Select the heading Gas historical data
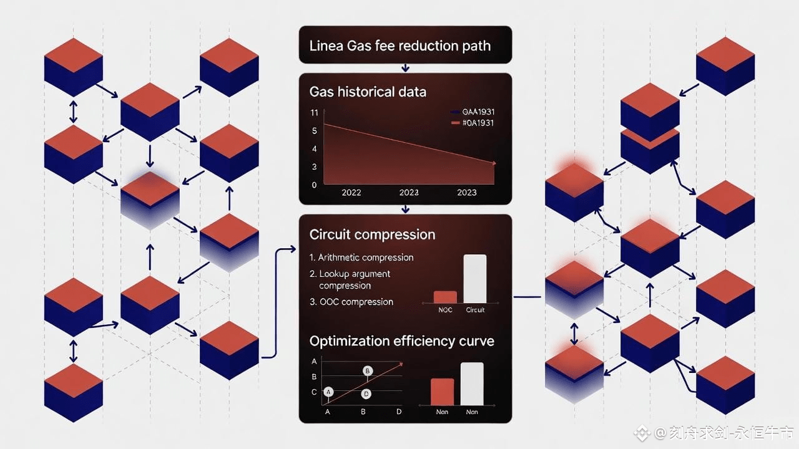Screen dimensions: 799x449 coord(368,92)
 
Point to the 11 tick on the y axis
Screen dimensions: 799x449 coord(314,112)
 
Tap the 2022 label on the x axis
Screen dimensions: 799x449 coord(351,193)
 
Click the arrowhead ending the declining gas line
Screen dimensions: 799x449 coord(494,163)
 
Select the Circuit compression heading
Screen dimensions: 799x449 coord(372,234)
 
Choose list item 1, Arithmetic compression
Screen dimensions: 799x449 coord(361,257)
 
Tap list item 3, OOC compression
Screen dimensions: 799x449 coord(351,302)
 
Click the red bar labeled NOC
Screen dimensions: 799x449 coord(445,297)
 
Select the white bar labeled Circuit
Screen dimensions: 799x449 coord(474,279)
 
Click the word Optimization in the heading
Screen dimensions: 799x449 coord(350,341)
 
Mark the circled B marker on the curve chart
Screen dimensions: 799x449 coord(368,371)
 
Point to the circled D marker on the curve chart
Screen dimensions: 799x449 coord(366,393)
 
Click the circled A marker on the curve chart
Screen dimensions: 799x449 coord(329,392)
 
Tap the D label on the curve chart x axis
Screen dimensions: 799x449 coord(399,412)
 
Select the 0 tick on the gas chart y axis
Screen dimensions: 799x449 coord(314,185)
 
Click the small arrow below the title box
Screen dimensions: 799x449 coord(406,67)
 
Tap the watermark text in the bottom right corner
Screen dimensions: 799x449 coord(718,433)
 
